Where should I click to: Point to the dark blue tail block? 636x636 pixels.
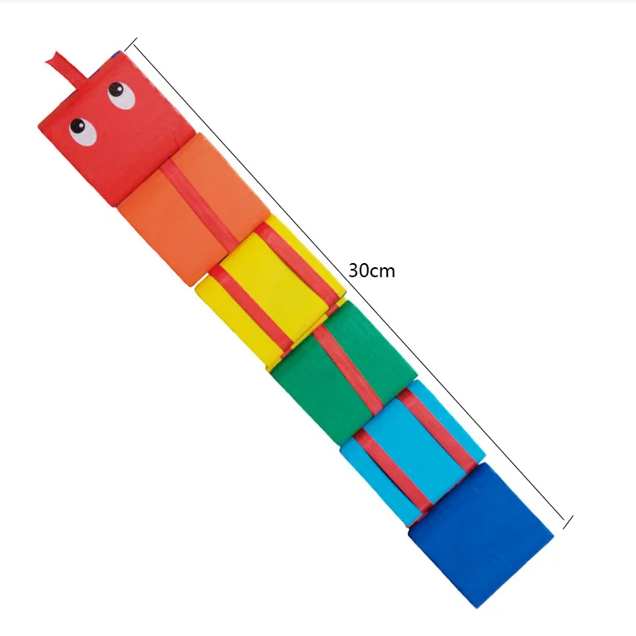coord(481,533)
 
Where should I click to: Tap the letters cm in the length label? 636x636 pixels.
coord(383,271)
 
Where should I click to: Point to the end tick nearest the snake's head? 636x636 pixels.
coord(131,42)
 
